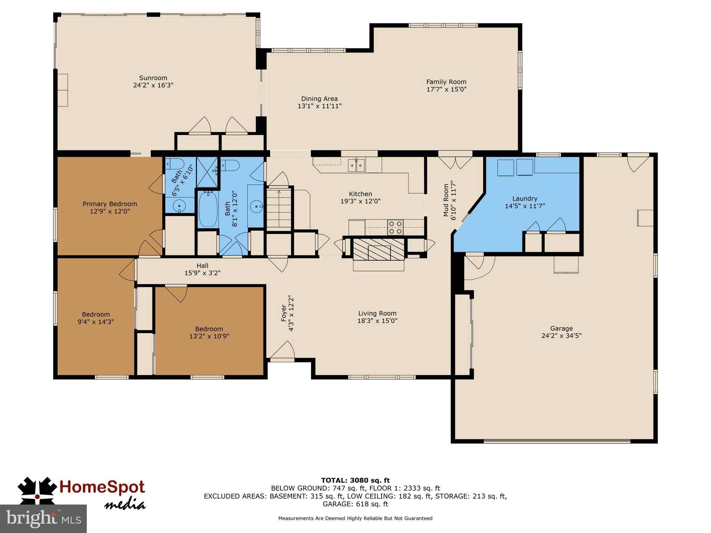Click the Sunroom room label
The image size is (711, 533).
pos(153,78)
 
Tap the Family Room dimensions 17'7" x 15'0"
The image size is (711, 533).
pos(446,89)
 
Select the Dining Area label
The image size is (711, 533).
pos(319,99)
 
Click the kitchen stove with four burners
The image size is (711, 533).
pos(395,227)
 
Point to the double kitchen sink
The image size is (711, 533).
pos(357,165)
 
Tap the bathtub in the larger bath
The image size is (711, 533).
pos(208,210)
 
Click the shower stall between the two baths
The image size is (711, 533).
pos(207,172)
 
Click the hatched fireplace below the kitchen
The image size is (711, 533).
pos(378,248)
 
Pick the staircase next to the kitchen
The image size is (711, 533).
pos(279,208)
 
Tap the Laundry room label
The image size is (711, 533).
pos(525,199)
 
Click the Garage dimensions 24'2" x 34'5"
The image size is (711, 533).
pos(561,336)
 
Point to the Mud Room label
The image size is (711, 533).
pos(446,200)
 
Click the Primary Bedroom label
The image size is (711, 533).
pos(110,204)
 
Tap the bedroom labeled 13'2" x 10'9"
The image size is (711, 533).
pos(209,332)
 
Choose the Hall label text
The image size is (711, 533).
pos(202,266)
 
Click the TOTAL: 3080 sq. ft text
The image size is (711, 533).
pos(355,481)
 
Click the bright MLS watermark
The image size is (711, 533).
pos(43,518)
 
